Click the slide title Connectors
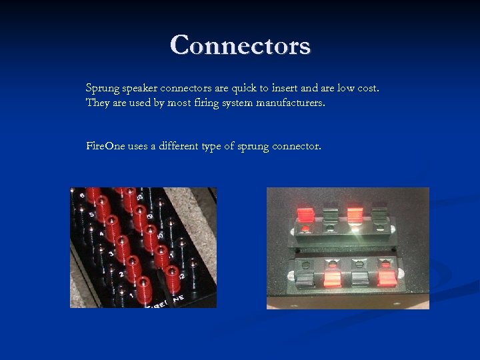tap(240, 45)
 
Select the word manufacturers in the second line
tap(289, 103)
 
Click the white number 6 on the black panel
tap(82, 195)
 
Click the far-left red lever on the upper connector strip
tap(305, 215)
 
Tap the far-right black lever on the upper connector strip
tap(379, 215)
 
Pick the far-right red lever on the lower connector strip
tap(386, 274)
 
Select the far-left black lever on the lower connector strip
tap(304, 274)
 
